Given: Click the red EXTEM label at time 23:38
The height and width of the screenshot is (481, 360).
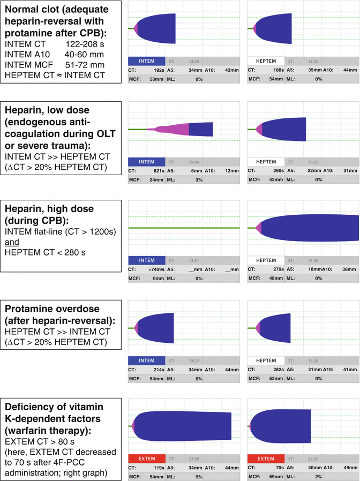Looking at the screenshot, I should (x=147, y=459).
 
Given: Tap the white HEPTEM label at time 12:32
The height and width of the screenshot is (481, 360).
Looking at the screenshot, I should (x=266, y=260).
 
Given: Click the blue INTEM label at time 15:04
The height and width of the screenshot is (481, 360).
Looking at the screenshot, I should (x=147, y=162).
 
